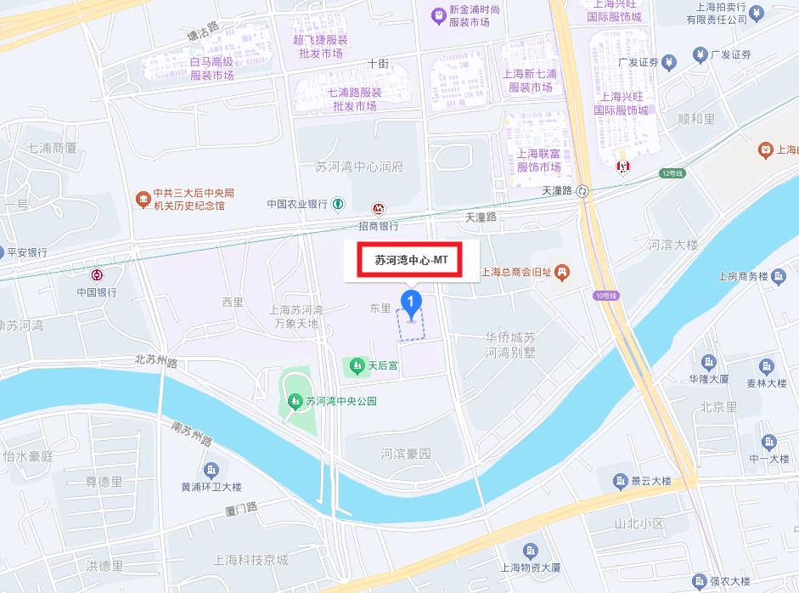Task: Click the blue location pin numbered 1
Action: (x=412, y=303)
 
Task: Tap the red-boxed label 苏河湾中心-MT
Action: (x=411, y=261)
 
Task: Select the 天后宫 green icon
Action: (x=355, y=367)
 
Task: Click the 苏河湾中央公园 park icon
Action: (x=295, y=401)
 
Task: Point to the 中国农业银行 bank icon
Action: (x=338, y=204)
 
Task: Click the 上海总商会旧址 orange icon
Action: (x=562, y=273)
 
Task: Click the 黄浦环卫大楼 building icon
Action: (x=211, y=471)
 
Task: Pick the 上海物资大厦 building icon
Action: (x=531, y=551)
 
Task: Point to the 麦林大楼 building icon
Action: (x=768, y=366)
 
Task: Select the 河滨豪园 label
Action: (x=406, y=454)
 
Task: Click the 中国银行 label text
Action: (x=97, y=291)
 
